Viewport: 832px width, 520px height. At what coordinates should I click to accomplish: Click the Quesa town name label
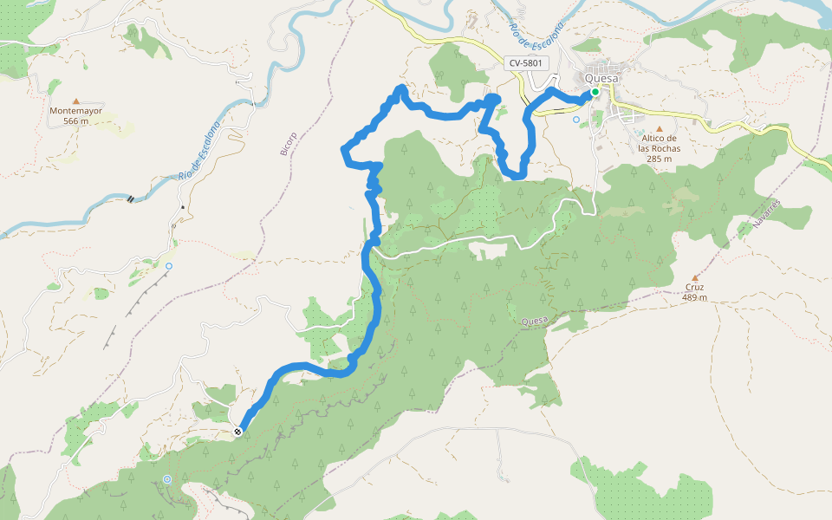(x=602, y=78)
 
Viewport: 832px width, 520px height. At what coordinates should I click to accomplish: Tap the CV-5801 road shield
(x=526, y=62)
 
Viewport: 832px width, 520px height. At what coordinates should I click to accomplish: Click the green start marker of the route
(x=595, y=92)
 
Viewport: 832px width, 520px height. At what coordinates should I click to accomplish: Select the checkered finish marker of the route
(x=237, y=431)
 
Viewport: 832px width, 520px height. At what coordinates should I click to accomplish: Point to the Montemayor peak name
(x=76, y=111)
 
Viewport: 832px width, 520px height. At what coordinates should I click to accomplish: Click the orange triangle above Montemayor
(x=76, y=101)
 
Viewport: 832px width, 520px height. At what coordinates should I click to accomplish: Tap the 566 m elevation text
(x=76, y=121)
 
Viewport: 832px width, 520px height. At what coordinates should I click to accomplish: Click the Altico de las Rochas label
(x=659, y=143)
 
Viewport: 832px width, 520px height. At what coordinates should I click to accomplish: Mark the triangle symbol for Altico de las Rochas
(x=659, y=128)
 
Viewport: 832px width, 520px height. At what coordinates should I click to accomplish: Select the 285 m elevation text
(x=659, y=159)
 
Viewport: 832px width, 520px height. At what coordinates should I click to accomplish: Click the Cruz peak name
(x=694, y=287)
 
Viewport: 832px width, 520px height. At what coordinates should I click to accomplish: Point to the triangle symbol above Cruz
(x=694, y=277)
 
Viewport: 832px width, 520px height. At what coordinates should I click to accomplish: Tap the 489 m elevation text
(x=694, y=297)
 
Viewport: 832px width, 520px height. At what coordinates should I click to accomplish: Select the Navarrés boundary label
(x=767, y=213)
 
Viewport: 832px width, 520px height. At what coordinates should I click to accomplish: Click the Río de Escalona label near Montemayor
(x=201, y=149)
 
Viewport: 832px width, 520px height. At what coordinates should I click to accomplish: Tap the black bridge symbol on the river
(x=131, y=198)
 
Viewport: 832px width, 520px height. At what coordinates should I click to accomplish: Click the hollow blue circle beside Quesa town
(x=576, y=120)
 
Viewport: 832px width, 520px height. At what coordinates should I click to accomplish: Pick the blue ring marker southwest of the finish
(x=166, y=479)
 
